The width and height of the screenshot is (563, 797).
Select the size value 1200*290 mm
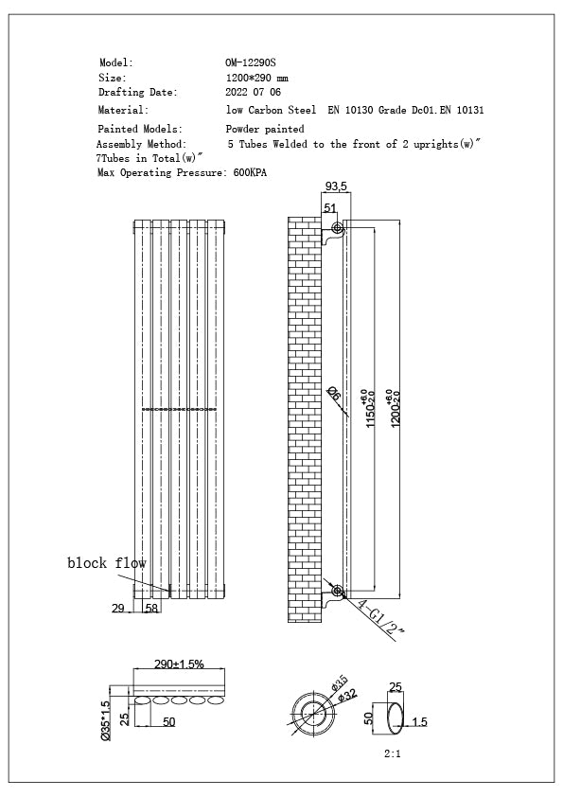coord(256,78)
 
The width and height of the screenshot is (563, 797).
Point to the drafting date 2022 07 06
coord(253,93)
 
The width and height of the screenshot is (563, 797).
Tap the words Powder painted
coord(264,129)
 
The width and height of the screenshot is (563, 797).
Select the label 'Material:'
coord(123,110)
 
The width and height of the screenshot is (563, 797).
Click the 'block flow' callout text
coord(106,563)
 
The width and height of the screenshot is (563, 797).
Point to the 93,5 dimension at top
coord(335,186)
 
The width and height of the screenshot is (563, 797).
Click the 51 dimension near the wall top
coord(330,208)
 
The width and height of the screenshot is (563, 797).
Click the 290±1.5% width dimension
coord(178,664)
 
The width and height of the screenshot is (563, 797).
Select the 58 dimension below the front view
coord(151,609)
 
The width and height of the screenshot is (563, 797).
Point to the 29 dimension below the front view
coord(118,609)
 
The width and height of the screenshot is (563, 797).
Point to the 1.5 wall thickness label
coord(419,722)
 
